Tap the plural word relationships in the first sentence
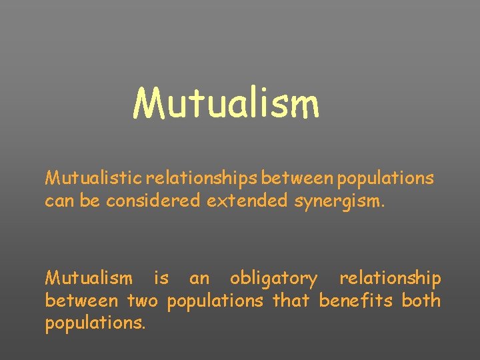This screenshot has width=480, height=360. point(202,179)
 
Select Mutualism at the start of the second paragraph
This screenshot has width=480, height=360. point(88,278)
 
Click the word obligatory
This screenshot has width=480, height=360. point(274,278)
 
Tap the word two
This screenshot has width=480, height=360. point(143,301)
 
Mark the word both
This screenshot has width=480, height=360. point(421,301)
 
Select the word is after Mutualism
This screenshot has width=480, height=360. point(161,278)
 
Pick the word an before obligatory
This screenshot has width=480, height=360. point(199,278)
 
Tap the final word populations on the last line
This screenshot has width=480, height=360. point(94,325)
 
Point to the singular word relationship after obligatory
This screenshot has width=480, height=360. point(390,278)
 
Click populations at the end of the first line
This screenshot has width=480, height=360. point(385,179)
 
